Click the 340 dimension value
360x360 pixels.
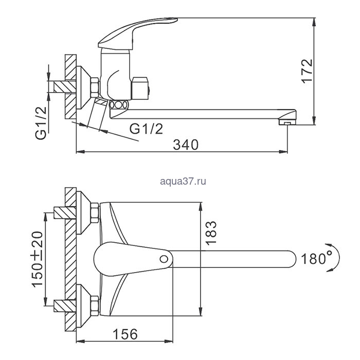click(186, 145)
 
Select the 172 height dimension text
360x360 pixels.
click(307, 71)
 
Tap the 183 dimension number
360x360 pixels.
click(211, 233)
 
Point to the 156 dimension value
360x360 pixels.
click(125, 334)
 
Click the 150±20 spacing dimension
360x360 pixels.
click(37, 259)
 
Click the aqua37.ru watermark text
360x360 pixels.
click(183, 182)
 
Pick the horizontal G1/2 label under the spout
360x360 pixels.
click(146, 129)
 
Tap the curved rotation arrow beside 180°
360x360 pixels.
click(335, 258)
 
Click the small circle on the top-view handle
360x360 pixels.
click(164, 259)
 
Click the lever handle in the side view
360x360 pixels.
click(137, 33)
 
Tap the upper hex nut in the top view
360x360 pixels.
click(95, 212)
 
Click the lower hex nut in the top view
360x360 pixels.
click(95, 306)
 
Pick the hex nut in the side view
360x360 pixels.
click(95, 87)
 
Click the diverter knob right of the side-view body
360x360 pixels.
click(140, 88)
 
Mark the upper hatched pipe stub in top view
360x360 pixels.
click(65, 212)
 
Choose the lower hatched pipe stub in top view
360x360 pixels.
click(65, 306)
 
